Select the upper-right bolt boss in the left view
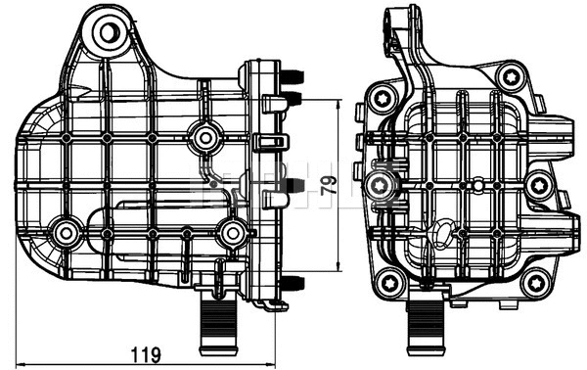point(203,138)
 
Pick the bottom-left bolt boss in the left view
point(67,233)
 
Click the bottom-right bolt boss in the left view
point(232,233)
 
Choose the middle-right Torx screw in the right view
point(538,185)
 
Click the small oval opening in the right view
point(443,233)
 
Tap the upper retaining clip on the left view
point(274,143)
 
